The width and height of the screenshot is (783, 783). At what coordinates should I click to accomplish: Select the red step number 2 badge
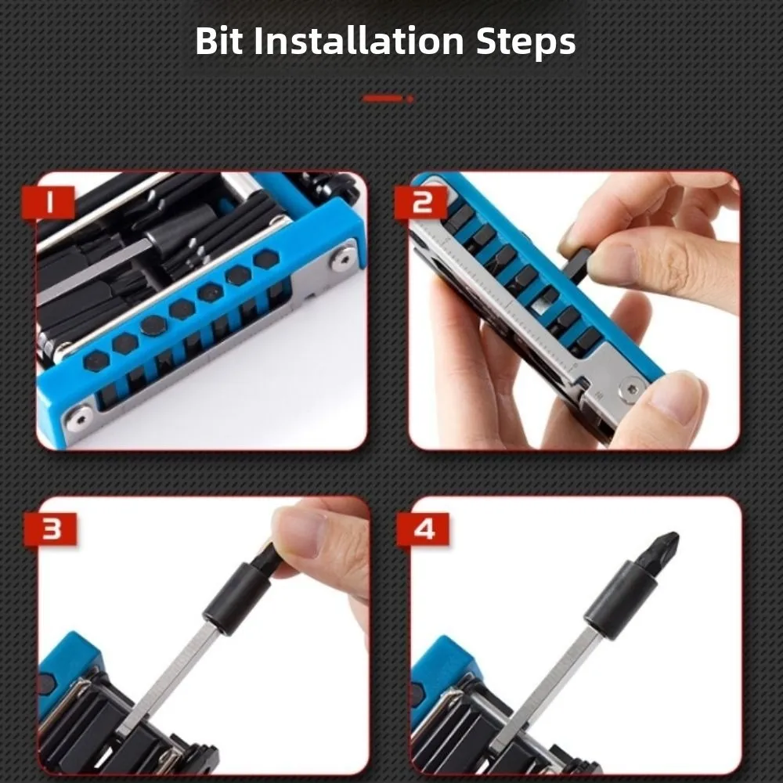[x=423, y=204]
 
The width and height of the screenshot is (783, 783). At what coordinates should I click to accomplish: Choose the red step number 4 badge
[x=423, y=530]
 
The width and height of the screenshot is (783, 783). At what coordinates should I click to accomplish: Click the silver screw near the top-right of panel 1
[x=342, y=258]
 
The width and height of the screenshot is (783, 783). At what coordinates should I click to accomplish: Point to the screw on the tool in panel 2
[x=630, y=387]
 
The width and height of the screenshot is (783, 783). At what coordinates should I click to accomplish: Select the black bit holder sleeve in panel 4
[x=618, y=598]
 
